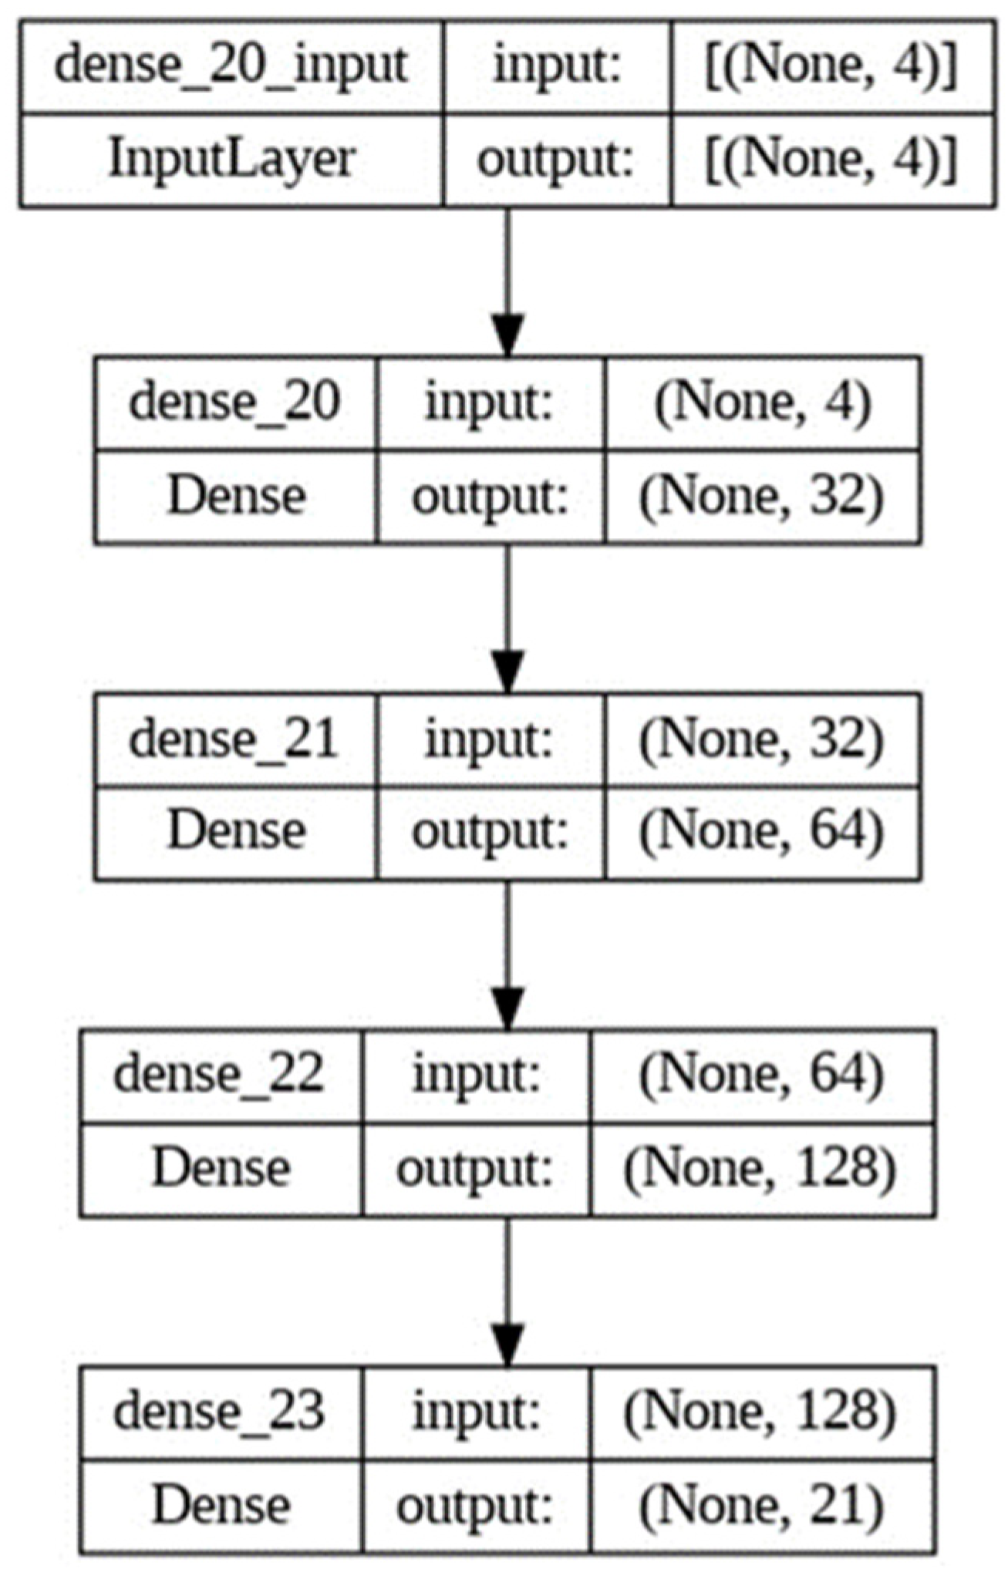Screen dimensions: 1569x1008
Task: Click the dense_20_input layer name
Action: coord(231,66)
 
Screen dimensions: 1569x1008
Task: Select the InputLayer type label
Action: coord(231,160)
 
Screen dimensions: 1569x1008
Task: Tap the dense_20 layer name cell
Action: coord(234,402)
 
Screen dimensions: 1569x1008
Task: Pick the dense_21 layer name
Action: coord(234,739)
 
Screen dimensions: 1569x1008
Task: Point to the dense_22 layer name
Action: coord(219,1075)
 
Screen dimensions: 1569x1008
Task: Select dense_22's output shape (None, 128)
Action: coord(761,1169)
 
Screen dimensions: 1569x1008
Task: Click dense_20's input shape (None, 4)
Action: coord(763,402)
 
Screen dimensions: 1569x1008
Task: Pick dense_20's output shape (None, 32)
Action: coord(763,497)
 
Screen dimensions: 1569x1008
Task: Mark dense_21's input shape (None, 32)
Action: coord(763,739)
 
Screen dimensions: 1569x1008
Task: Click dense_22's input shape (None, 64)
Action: coord(761,1075)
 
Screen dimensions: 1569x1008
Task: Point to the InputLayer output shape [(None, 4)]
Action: coord(832,160)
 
